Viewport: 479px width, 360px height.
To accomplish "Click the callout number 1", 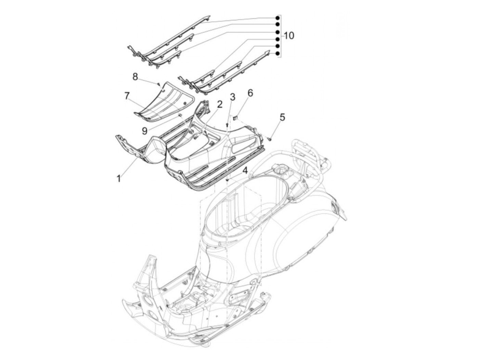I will [118, 178].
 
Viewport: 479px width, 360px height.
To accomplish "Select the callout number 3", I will [233, 97].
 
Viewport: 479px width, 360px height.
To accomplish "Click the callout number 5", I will [282, 117].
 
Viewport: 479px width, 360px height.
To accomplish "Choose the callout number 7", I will [127, 96].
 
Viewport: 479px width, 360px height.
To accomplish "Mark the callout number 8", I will [135, 77].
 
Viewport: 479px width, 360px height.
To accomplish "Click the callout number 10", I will [289, 36].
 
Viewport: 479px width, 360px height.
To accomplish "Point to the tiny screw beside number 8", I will [159, 83].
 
